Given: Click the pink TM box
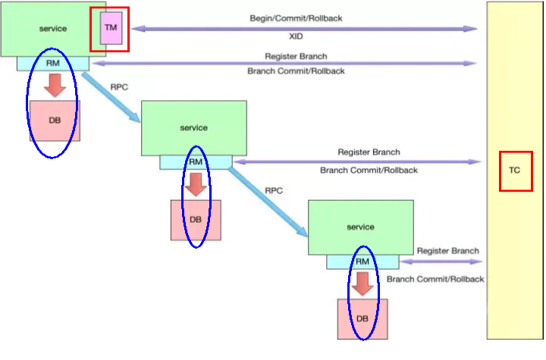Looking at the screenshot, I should click(x=110, y=28).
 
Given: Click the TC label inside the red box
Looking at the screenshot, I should click(x=515, y=171).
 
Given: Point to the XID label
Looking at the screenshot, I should click(x=296, y=36).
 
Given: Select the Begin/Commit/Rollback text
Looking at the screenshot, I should click(x=295, y=17).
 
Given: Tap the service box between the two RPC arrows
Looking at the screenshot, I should click(x=193, y=128).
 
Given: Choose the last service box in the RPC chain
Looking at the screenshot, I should click(x=360, y=227).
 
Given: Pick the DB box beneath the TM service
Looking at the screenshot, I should click(x=54, y=120).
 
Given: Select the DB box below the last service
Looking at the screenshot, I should click(x=362, y=318).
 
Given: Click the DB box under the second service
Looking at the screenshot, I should click(x=196, y=219).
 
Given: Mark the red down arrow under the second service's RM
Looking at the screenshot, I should click(x=196, y=184).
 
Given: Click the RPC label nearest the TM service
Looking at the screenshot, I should click(x=119, y=87).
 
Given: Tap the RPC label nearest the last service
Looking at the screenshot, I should click(x=273, y=190).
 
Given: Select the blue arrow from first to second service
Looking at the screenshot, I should click(x=111, y=97).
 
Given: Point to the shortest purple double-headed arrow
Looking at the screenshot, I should click(x=441, y=262).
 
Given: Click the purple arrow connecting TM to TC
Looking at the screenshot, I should click(x=303, y=29).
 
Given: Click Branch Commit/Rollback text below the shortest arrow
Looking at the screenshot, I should click(x=435, y=279).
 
